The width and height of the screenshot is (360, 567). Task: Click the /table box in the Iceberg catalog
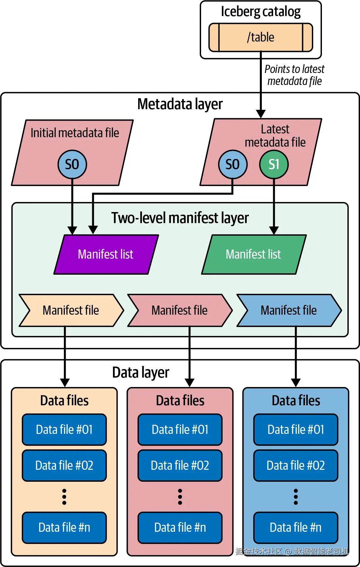coord(261,37)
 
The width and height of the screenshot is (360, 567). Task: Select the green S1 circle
coord(274,164)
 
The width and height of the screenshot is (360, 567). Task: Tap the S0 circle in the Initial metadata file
coord(72,164)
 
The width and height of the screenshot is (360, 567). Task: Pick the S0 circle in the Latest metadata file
coord(233,164)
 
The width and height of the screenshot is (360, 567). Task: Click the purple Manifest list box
coord(106,255)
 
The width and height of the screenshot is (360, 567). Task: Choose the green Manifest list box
coord(253,255)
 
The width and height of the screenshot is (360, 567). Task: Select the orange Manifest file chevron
coord(71,311)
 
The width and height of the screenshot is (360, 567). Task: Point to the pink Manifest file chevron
coord(179,311)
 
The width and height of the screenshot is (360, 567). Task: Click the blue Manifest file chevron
coord(289,311)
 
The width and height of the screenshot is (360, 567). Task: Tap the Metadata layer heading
coord(180,104)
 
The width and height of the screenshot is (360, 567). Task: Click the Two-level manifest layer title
coord(180,218)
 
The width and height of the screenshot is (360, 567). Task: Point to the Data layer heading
coord(141,373)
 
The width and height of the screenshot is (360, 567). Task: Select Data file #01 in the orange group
coord(64,429)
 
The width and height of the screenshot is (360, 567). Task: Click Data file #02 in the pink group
coord(180,465)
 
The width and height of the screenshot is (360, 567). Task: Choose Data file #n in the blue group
coord(296,528)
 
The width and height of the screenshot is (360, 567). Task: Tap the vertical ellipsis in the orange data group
coord(64,497)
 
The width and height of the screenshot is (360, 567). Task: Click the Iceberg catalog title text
coord(261,12)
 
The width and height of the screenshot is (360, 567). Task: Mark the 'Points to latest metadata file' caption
coord(295,75)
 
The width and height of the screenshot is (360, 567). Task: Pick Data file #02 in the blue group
coord(296,465)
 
